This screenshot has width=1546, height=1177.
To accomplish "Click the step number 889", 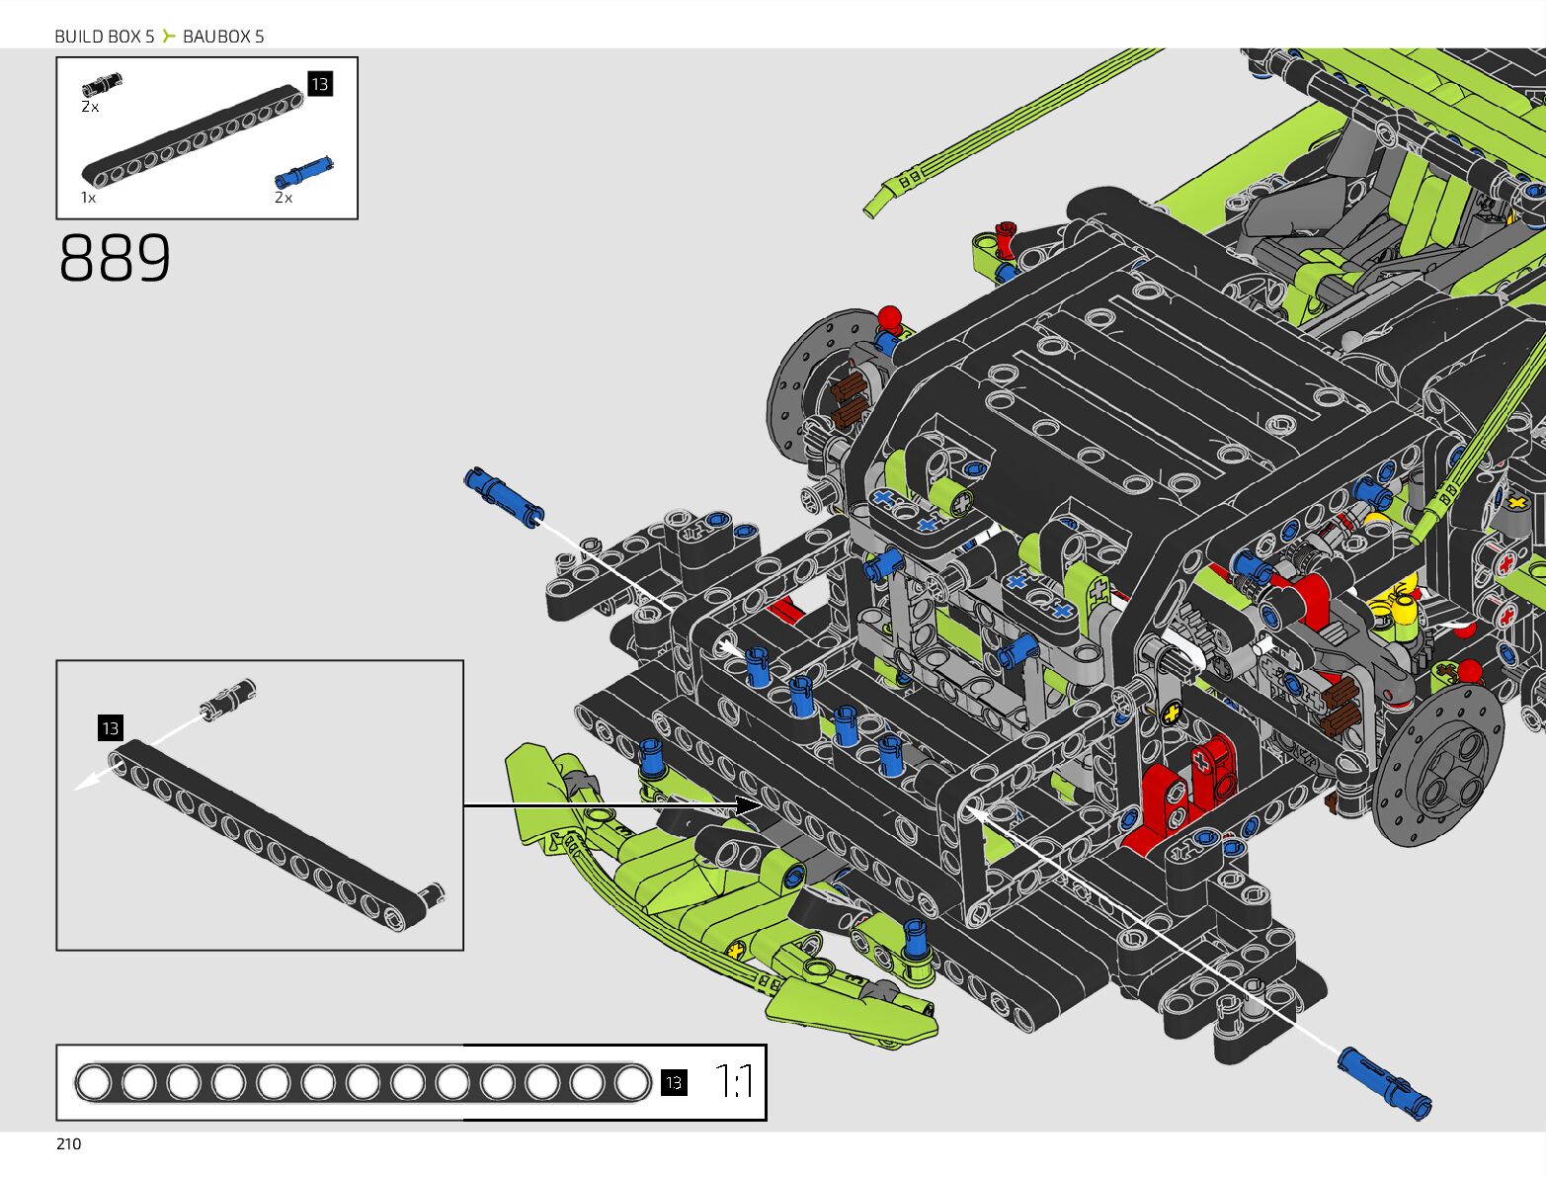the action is click(115, 259).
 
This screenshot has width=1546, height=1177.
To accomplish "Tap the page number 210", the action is click(69, 1143).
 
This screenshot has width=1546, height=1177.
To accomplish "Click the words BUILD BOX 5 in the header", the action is click(105, 37).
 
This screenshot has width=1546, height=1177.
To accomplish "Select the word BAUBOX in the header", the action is click(216, 37).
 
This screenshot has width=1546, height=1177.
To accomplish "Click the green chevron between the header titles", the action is click(169, 37).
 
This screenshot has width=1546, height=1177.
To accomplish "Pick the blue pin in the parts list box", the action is click(303, 172).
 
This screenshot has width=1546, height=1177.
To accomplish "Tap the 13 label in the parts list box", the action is click(320, 84).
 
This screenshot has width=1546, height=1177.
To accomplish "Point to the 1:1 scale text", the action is click(734, 1082).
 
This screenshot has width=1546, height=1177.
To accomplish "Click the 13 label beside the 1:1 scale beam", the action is click(674, 1082).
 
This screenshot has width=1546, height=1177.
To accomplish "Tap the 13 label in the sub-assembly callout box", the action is click(110, 728).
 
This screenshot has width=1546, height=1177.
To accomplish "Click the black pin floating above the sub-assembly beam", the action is click(228, 698).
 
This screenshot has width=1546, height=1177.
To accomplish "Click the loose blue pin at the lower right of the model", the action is click(1384, 1082).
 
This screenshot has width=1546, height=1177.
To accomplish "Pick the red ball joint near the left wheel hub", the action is click(890, 317).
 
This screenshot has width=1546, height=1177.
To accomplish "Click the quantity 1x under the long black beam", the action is click(89, 198).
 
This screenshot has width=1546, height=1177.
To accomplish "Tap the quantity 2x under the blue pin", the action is click(284, 198).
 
